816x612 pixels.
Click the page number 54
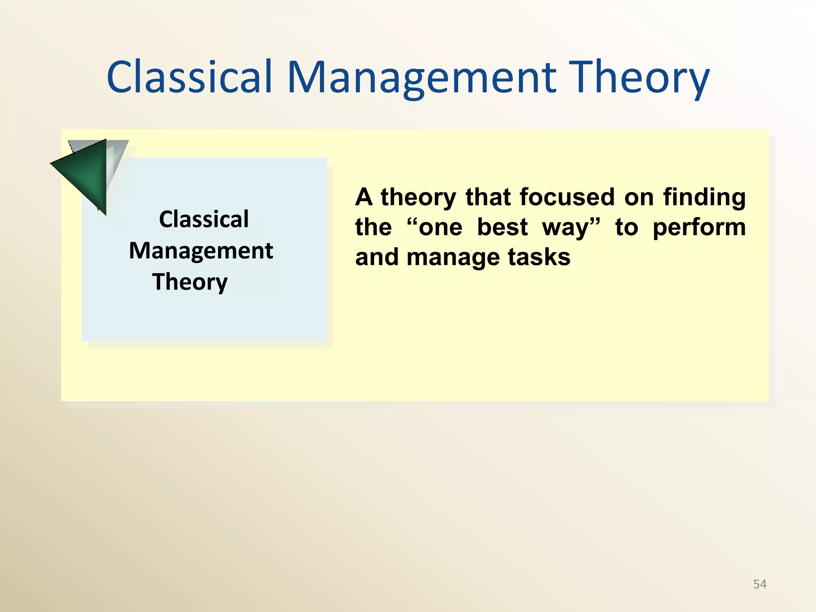[759, 584]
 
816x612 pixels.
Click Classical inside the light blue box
[204, 219]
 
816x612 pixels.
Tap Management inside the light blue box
[201, 251]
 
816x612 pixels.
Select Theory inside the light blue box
[190, 282]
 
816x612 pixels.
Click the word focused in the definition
[567, 197]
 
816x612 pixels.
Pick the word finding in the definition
[704, 197]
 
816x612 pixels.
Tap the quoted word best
[502, 227]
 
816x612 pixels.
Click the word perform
[699, 227]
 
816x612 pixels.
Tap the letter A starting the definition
[364, 197]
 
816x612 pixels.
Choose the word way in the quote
[565, 228]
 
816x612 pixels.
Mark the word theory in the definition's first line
[418, 197]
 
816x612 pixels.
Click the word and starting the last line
[377, 257]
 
